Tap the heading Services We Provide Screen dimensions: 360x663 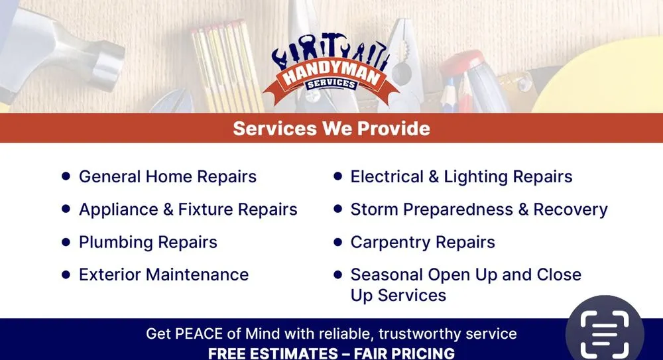coord(331,128)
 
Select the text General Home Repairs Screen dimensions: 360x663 coord(167,177)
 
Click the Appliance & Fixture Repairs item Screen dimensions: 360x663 coord(188,210)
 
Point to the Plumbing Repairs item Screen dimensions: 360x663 coord(148,242)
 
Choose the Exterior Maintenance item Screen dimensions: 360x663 coord(163,274)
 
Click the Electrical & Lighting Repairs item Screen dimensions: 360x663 coord(461,177)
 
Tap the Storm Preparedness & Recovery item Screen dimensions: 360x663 coord(479,210)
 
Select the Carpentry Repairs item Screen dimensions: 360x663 coord(422,242)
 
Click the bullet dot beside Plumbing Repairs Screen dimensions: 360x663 coord(66,242)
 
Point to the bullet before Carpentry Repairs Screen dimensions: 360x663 coord(337,242)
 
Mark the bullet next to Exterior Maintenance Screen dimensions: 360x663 coord(66,274)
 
